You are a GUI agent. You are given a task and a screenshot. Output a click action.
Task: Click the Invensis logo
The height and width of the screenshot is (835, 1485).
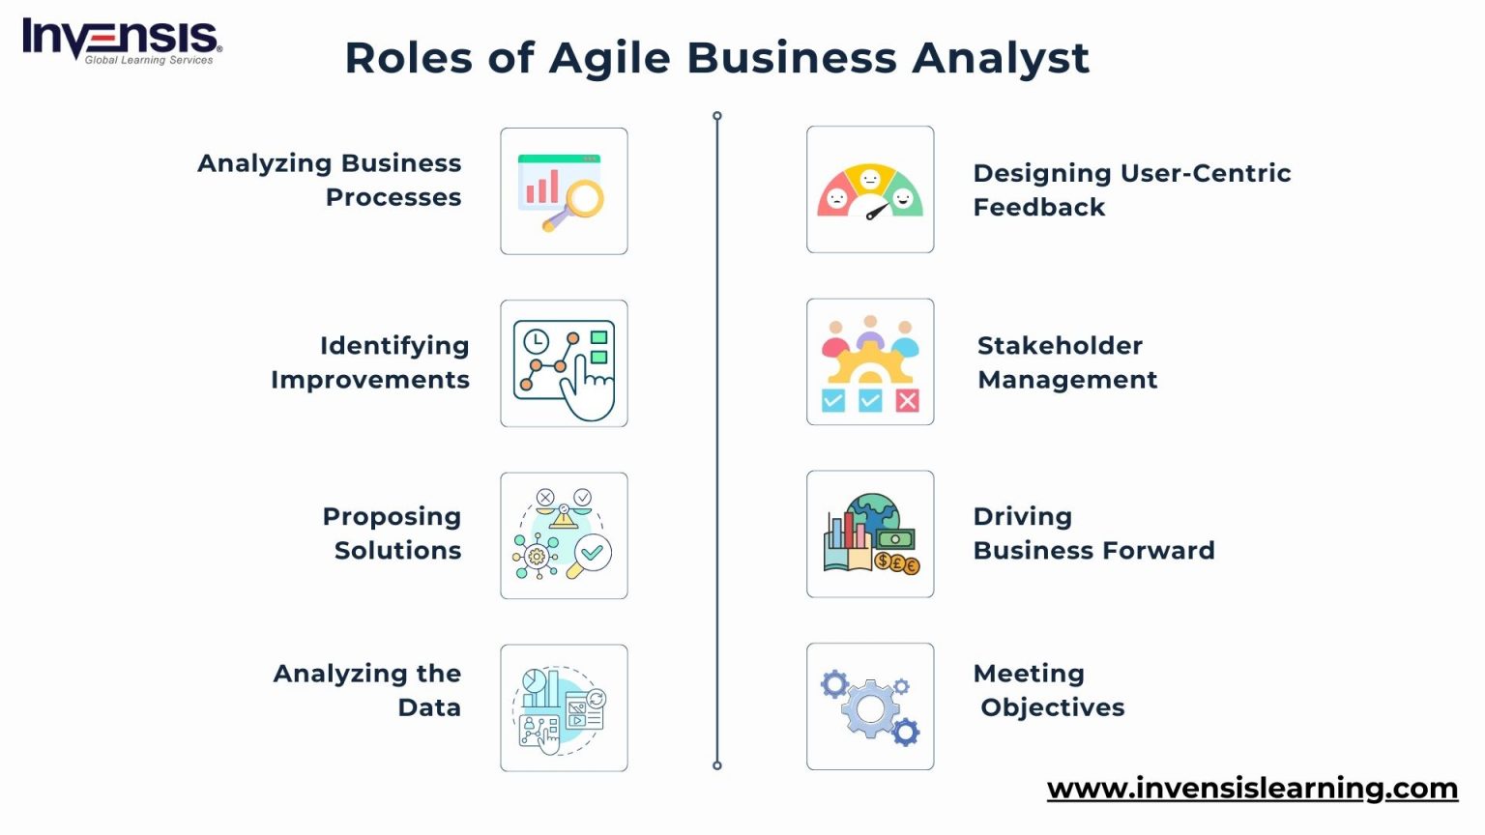point(122,41)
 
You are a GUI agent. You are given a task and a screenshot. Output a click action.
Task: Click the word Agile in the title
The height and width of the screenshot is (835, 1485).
point(609,58)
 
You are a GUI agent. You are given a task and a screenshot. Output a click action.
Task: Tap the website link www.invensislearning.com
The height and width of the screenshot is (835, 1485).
point(1252,789)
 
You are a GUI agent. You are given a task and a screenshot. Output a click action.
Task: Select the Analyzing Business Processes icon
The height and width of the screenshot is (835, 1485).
point(564,191)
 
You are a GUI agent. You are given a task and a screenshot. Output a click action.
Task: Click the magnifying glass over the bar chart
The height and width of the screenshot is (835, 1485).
point(582,200)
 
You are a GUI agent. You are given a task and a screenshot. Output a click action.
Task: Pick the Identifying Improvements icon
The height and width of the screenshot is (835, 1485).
point(564,363)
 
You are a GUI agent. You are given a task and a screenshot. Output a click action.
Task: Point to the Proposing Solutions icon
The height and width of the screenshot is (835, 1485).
point(564,535)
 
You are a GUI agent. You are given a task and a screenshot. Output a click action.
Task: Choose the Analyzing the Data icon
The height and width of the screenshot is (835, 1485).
point(564,707)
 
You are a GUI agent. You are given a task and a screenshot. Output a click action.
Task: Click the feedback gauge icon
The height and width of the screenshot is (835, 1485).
point(870,189)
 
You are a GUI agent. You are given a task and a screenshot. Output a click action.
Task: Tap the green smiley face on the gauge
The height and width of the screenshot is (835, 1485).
point(903,198)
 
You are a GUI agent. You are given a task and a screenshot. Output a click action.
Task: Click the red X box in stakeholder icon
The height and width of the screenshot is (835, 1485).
point(907,400)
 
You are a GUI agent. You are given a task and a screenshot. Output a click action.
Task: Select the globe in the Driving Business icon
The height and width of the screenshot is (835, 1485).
point(874,517)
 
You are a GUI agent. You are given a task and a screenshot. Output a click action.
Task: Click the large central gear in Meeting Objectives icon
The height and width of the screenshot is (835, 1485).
point(870,709)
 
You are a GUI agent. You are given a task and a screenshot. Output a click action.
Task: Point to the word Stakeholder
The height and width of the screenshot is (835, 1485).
point(1060,346)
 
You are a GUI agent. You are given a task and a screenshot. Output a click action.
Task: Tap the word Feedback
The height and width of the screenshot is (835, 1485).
point(1038,207)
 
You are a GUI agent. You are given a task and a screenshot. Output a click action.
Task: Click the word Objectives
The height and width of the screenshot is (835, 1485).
point(1052,707)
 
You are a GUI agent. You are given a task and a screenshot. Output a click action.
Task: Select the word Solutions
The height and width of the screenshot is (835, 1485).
point(397,551)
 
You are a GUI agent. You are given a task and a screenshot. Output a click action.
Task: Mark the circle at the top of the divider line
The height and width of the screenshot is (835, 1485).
point(717,116)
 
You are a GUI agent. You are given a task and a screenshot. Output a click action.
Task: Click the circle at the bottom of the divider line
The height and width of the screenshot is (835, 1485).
point(717,765)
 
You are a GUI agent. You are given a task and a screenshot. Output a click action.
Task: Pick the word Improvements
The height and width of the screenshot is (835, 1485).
point(370,380)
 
